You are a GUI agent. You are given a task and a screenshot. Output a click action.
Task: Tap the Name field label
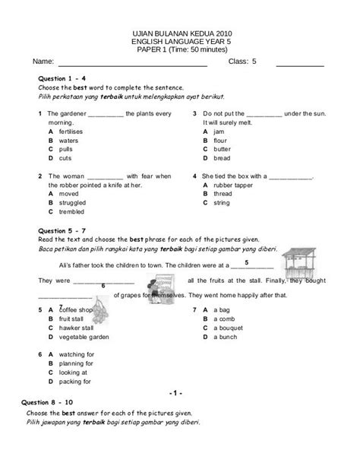point(43,61)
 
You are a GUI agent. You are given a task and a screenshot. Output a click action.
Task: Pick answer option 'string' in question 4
point(222,203)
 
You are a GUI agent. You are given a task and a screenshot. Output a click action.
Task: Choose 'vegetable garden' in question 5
point(83,337)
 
